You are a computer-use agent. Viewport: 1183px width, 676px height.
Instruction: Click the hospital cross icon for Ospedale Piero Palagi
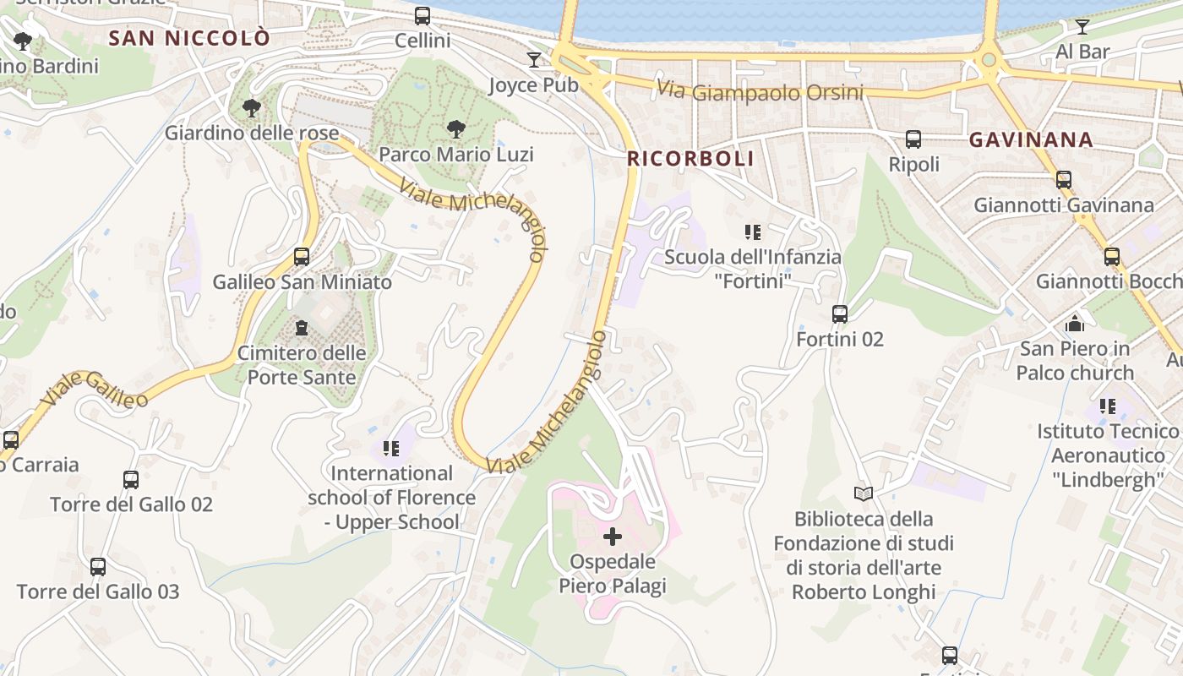coord(613,536)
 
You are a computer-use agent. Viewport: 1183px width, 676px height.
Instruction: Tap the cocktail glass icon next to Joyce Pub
coord(534,59)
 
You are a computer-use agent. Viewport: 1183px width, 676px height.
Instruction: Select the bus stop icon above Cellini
coord(422,16)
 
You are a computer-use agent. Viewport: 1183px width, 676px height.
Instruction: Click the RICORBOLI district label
coord(690,159)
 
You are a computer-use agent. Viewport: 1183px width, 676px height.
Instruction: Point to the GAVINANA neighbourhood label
coord(1031,140)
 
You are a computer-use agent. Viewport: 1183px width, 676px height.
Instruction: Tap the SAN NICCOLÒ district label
coord(190,38)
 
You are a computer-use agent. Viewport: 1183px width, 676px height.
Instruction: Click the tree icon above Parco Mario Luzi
coord(456,129)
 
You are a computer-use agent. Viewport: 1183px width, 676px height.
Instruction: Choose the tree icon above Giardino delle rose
coord(251,107)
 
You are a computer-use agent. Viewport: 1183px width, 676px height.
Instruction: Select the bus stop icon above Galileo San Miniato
coord(302,256)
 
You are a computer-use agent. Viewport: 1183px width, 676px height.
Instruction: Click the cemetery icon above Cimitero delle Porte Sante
coord(302,327)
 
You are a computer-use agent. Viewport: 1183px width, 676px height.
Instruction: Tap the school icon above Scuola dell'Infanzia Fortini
coord(753,232)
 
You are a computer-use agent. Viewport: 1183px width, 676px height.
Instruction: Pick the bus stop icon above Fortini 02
coord(840,314)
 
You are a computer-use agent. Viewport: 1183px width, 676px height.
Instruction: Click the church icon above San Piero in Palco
coord(1075,323)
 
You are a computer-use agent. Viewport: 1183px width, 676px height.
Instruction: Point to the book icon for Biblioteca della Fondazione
coord(864,493)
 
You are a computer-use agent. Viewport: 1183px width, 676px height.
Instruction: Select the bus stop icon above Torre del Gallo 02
coord(131,480)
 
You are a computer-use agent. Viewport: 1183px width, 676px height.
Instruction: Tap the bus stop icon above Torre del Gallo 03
coord(98,567)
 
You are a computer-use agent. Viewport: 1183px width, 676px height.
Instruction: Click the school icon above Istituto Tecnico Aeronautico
coord(1108,406)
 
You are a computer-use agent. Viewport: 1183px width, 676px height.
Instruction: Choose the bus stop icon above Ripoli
coord(913,139)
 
